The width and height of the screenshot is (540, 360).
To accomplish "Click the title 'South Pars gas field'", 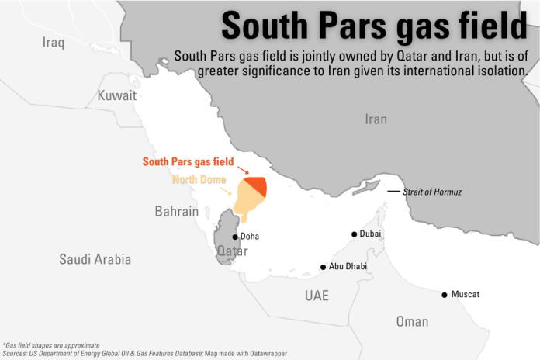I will [x=375, y=26].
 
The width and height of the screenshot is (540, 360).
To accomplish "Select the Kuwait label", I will [x=116, y=95].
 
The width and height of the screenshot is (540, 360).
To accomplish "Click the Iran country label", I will [x=376, y=119].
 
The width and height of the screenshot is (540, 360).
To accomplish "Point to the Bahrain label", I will [x=176, y=211].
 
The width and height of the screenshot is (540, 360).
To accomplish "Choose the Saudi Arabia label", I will [x=95, y=259].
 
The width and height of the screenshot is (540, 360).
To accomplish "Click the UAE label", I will [x=317, y=296].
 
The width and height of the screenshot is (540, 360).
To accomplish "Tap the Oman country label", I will [x=411, y=321].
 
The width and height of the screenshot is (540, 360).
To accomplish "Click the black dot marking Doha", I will [x=236, y=237].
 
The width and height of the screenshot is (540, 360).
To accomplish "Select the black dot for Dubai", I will [x=355, y=234].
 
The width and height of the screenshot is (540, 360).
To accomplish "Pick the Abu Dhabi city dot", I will [x=324, y=267].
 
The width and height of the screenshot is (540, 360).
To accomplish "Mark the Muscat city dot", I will [x=445, y=295].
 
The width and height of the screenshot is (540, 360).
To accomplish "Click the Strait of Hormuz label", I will [x=432, y=192].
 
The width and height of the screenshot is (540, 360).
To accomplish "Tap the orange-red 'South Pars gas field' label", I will [x=189, y=162].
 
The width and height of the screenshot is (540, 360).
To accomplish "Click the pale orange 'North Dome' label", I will [x=198, y=180].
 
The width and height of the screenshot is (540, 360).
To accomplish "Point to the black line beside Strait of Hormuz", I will [x=394, y=191].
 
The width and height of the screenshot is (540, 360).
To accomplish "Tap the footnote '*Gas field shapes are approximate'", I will [x=51, y=344].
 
